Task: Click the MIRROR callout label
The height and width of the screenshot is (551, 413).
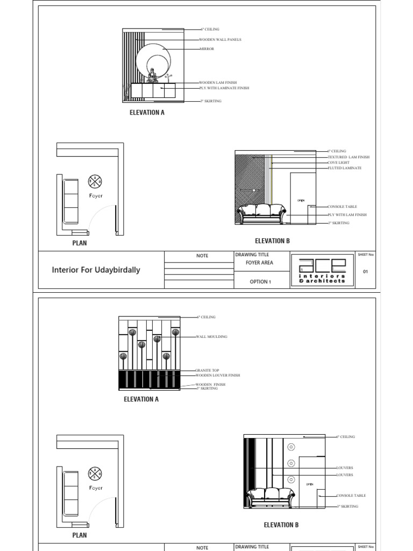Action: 206,49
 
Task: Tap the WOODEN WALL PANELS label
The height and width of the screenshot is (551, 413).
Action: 220,39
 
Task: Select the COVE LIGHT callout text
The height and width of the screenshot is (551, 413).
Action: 338,163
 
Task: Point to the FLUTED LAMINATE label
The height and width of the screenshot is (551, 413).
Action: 344,168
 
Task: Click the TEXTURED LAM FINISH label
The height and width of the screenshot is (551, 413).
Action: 348,157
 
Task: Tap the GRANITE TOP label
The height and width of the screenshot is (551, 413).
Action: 207,371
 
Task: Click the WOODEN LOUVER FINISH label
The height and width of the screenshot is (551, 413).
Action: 217,376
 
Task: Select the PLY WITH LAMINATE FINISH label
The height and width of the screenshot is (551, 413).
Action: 224,88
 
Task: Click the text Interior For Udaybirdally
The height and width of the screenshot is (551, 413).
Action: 96,270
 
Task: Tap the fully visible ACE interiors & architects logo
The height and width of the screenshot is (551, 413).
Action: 322,270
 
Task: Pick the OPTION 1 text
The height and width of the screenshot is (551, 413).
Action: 260,281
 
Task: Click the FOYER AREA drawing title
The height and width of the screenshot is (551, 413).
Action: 260,263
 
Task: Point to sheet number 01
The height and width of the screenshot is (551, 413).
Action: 366,272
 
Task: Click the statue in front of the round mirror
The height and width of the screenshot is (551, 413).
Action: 152,75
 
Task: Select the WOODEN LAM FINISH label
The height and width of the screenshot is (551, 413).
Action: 218,83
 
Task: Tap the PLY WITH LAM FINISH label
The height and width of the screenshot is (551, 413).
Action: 347,215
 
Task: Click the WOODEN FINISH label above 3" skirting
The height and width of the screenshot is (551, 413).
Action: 210,385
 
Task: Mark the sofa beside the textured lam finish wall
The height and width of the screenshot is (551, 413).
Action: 262,213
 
